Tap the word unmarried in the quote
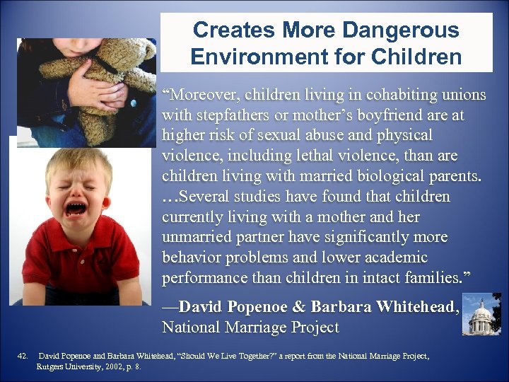click(199, 236)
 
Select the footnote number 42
click(23, 356)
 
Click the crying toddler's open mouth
click(76, 209)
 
